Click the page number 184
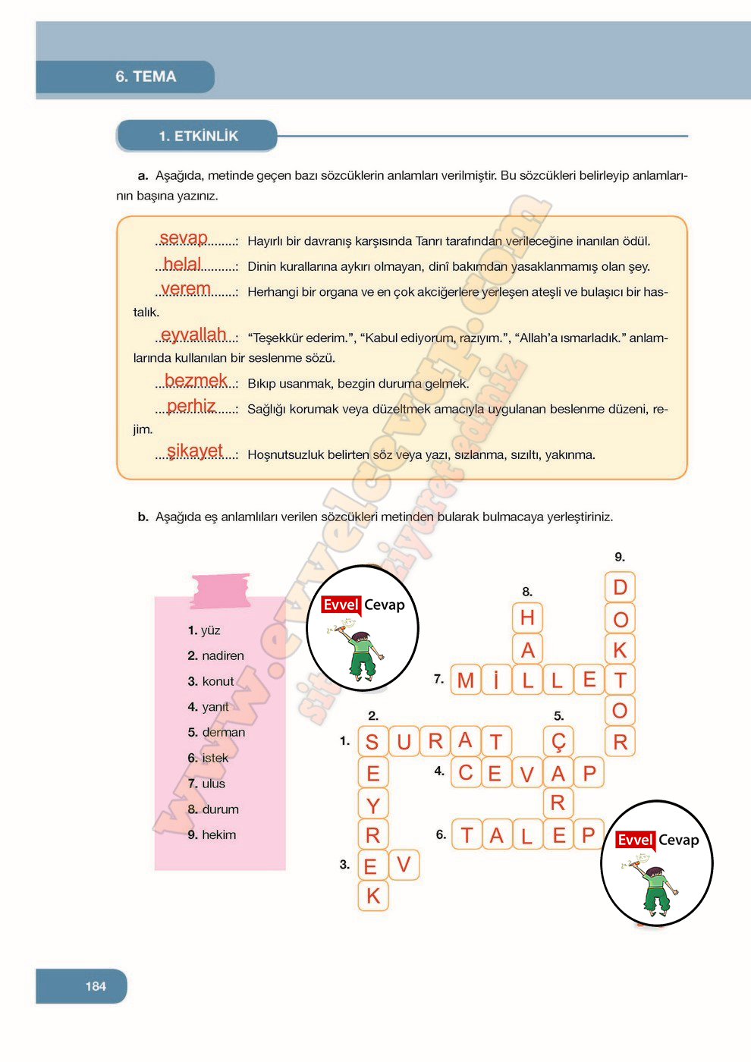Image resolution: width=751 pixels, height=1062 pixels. pyautogui.click(x=96, y=986)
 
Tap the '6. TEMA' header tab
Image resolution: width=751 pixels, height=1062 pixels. pyautogui.click(x=146, y=77)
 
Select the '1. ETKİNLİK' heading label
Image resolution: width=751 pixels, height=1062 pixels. pyautogui.click(x=198, y=137)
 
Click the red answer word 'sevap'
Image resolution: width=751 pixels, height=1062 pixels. pyautogui.click(x=183, y=238)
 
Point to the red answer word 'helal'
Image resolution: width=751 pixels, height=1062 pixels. pyautogui.click(x=182, y=264)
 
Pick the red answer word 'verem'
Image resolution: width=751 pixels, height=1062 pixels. pyautogui.click(x=186, y=289)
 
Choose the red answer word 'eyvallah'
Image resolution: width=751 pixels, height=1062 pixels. pyautogui.click(x=193, y=335)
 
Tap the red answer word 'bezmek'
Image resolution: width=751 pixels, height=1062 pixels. pyautogui.click(x=196, y=381)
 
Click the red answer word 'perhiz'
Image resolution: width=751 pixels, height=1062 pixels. pyautogui.click(x=191, y=407)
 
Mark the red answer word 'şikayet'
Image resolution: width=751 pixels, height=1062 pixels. pyautogui.click(x=195, y=451)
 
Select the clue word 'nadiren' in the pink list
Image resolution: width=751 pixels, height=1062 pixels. pyautogui.click(x=222, y=656)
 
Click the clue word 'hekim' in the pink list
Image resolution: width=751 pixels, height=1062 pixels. pyautogui.click(x=218, y=835)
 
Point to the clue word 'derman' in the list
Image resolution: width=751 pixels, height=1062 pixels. pyautogui.click(x=223, y=733)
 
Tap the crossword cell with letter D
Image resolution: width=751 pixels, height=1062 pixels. pyautogui.click(x=620, y=588)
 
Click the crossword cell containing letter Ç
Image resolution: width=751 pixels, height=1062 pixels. pyautogui.click(x=558, y=741)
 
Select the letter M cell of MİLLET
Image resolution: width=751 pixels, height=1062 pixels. pyautogui.click(x=466, y=680)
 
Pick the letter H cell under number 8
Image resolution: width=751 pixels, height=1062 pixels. pyautogui.click(x=527, y=618)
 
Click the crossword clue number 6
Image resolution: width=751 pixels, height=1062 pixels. pyautogui.click(x=441, y=834)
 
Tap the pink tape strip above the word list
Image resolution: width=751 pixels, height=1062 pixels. pyautogui.click(x=221, y=591)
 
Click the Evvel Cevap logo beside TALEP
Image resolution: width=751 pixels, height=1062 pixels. pyautogui.click(x=657, y=863)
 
